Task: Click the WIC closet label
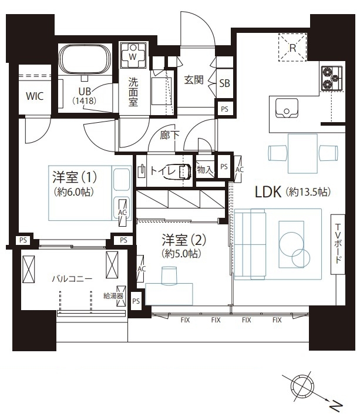35,96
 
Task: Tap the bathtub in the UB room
85,59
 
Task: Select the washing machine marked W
133,55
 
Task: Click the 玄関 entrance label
194,80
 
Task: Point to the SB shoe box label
224,83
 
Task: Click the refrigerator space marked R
292,48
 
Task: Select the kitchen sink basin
287,107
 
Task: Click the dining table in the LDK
302,154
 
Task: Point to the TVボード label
338,244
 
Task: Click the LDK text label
268,191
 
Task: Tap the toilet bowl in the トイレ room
184,171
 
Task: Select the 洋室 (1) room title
75,177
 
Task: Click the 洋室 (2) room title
184,240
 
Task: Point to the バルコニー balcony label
72,279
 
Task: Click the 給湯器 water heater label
113,296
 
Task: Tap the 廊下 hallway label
169,135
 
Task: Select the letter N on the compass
336,406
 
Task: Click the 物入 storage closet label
205,169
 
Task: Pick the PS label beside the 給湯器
136,301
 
